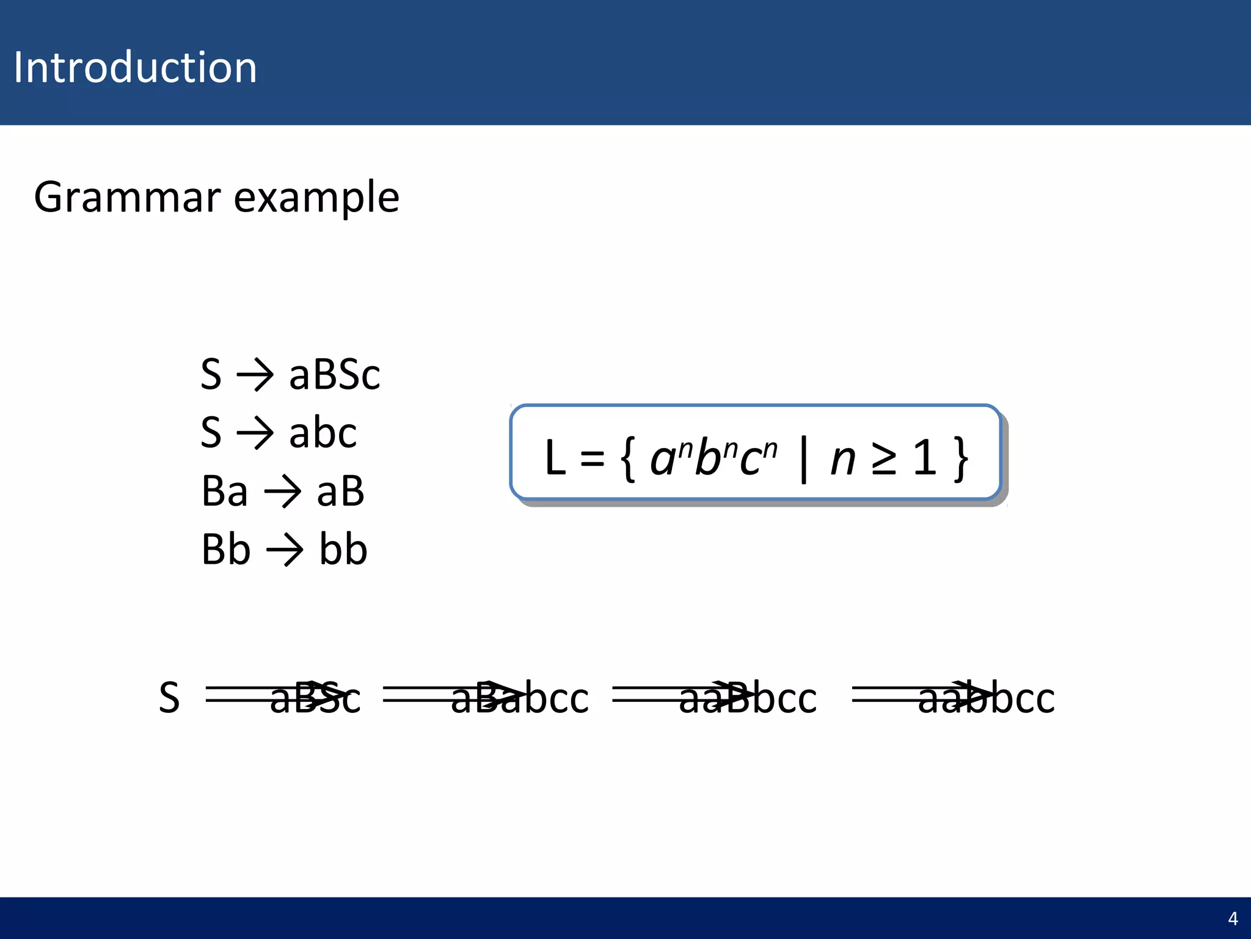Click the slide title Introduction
point(135,67)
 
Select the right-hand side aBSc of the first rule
point(334,374)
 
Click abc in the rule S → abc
point(323,433)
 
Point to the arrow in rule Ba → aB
point(282,492)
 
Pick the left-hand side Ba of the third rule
point(224,492)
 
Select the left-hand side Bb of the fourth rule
point(225,550)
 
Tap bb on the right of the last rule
point(343,550)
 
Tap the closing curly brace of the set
point(961,458)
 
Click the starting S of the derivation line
point(169,698)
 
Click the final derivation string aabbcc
point(986,698)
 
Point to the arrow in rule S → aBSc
point(255,374)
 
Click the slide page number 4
point(1233,919)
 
